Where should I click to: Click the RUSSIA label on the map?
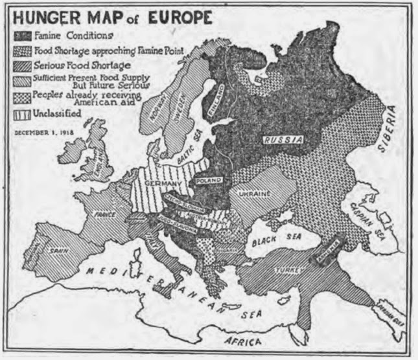[281, 139]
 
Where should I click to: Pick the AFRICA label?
[244, 341]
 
